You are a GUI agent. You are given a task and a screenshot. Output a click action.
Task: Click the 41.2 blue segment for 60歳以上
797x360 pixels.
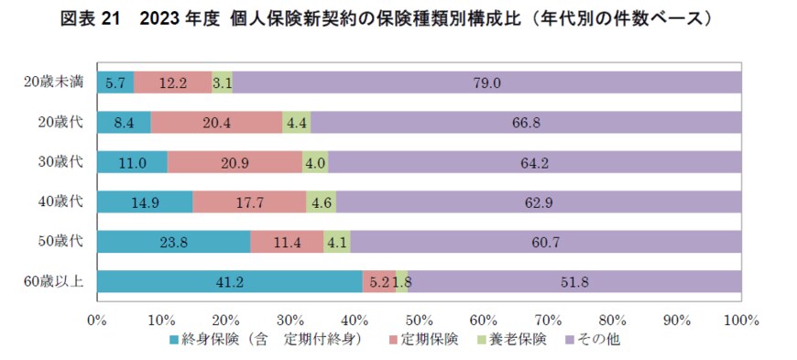(x=229, y=282)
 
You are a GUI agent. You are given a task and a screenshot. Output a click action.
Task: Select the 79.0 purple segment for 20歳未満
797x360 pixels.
(x=486, y=82)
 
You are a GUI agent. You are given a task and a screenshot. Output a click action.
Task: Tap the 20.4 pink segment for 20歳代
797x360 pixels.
(x=216, y=122)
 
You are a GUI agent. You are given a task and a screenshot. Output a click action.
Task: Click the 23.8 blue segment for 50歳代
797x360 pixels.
(x=173, y=242)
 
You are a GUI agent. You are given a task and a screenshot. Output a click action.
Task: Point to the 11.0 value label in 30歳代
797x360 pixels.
(x=132, y=162)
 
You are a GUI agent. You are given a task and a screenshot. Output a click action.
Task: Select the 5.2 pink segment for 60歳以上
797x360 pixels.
(x=378, y=282)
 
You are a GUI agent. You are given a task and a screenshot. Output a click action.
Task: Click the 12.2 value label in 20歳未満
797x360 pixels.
(x=172, y=82)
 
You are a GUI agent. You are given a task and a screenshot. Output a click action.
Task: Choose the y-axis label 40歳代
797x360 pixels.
(x=61, y=202)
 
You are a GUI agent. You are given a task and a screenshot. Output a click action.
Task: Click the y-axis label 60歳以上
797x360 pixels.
(x=54, y=282)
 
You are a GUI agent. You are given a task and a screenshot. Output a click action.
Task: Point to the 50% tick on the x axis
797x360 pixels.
(x=419, y=320)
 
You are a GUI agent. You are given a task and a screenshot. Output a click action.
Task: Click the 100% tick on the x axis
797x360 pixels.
(x=740, y=320)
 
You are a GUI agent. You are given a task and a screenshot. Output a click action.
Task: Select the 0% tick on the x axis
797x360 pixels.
(x=97, y=320)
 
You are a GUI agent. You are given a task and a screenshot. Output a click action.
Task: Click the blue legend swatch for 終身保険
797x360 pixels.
(x=175, y=340)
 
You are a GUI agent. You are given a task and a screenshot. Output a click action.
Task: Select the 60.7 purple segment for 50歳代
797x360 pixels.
(x=546, y=242)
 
